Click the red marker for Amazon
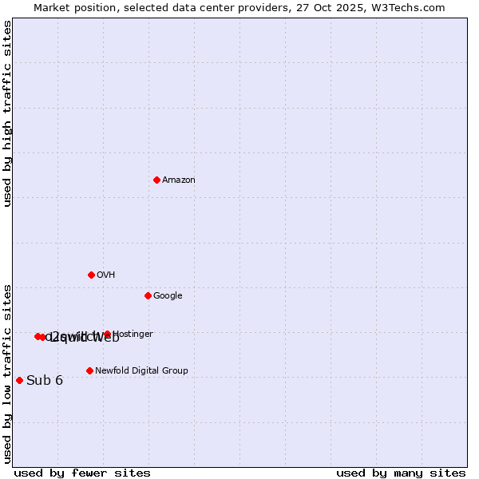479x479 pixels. [x=156, y=180]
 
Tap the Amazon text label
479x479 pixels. [x=179, y=180]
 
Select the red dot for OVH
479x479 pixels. [x=91, y=275]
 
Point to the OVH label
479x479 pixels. [x=106, y=275]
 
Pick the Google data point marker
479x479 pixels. [x=148, y=295]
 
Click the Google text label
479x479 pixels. [x=168, y=296]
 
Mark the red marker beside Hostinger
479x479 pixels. [x=107, y=334]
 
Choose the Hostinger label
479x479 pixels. [x=133, y=335]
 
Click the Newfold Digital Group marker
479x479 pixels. [x=89, y=370]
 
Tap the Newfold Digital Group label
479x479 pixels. [x=141, y=371]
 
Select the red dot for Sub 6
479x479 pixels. [x=19, y=380]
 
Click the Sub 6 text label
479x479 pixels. [x=45, y=380]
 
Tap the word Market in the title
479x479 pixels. [x=52, y=8]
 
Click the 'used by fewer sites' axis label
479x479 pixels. [x=82, y=473]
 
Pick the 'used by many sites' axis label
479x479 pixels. [x=401, y=473]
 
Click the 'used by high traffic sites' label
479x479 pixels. [x=8, y=113]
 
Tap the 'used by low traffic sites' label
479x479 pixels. [x=8, y=373]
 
